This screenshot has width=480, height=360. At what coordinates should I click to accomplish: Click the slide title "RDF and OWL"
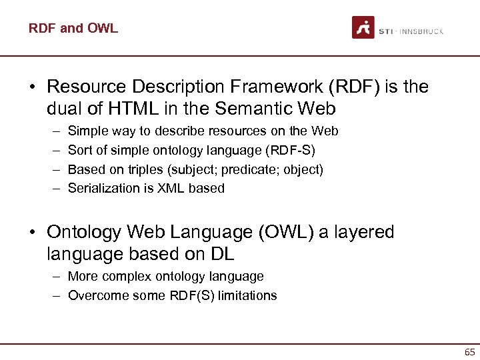pyautogui.click(x=73, y=28)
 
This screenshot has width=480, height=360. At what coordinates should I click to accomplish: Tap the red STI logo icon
pyautogui.click(x=363, y=27)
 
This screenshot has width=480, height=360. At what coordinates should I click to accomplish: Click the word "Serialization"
pyautogui.click(x=105, y=188)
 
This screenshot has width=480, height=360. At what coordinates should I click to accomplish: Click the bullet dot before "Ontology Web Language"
pyautogui.click(x=34, y=233)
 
